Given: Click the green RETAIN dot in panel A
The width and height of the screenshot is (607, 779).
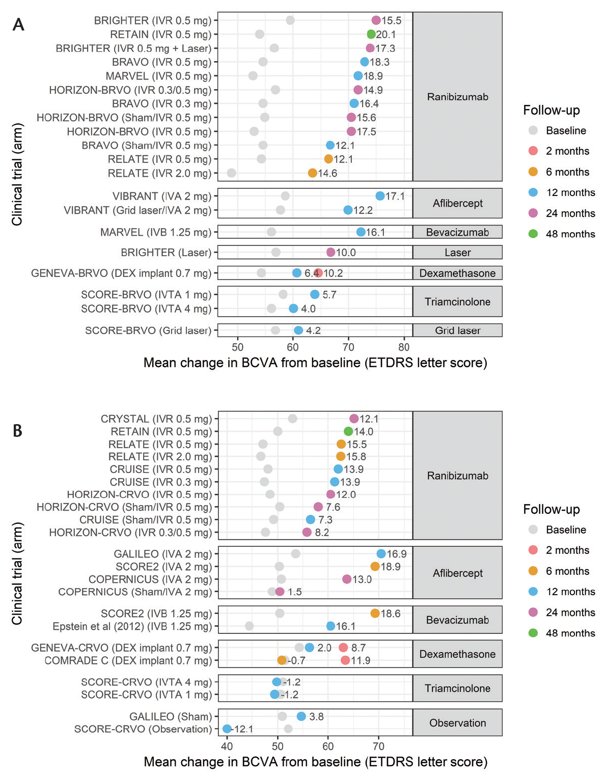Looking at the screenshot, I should click(x=371, y=34).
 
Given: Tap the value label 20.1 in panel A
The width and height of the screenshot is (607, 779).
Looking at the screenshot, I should click(x=386, y=35).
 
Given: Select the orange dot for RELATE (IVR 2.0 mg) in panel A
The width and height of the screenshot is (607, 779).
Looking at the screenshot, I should click(x=313, y=173).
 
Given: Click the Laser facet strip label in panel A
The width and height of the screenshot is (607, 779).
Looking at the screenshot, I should click(x=457, y=253).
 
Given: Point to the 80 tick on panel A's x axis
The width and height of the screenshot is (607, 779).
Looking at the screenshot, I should click(x=404, y=347).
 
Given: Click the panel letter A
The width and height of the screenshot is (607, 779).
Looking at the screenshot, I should click(x=18, y=24).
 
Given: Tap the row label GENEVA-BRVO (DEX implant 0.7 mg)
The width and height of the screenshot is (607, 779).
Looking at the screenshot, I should click(x=121, y=273).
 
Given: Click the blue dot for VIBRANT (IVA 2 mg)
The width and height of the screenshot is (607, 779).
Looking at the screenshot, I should click(x=380, y=196).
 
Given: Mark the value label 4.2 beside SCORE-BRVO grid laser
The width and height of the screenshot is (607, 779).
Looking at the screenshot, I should click(x=313, y=330).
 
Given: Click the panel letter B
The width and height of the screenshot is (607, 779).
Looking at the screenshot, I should click(x=17, y=431).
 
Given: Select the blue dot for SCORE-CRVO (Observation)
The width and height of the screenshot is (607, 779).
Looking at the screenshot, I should click(x=227, y=729).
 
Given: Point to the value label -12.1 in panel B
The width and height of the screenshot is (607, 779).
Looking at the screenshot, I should click(x=243, y=729).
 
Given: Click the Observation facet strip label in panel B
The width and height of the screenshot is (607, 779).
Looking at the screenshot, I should click(x=457, y=723).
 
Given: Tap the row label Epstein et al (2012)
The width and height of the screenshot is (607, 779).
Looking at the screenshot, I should click(x=132, y=626).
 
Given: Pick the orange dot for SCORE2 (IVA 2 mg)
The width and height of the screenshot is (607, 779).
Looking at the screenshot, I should click(x=375, y=567).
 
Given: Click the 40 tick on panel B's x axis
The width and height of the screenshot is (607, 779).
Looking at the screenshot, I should click(x=227, y=746).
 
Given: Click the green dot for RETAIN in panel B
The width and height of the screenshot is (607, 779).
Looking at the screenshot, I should click(x=348, y=431).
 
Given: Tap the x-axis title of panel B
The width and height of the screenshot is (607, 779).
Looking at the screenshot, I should click(x=315, y=762).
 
